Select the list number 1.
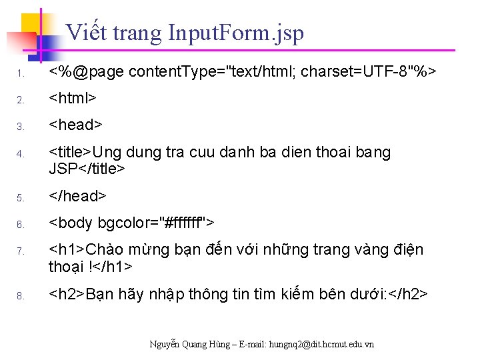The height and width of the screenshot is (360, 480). [x=21, y=73]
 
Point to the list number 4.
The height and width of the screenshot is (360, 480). [x=21, y=154]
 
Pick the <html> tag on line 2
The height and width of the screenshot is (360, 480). [x=73, y=98]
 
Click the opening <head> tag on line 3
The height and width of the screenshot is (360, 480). [x=76, y=125]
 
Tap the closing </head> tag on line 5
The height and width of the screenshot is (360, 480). [x=78, y=196]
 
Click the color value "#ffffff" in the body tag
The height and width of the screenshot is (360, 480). [x=176, y=222]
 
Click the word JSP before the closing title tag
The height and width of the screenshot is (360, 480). [x=63, y=169]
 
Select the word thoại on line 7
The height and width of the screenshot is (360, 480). [x=66, y=267]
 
